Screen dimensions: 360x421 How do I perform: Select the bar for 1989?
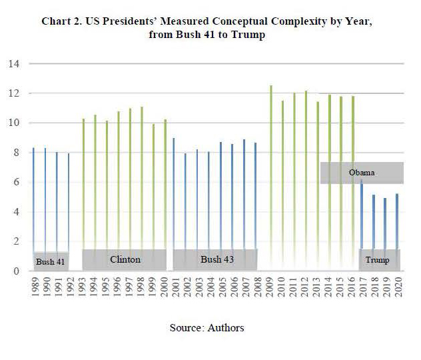coord(33,200)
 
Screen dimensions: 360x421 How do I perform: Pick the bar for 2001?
coord(174,193)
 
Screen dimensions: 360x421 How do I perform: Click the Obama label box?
coord(362,173)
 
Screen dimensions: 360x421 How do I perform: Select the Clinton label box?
coord(125,259)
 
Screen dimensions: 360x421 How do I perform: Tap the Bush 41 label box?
coord(51,261)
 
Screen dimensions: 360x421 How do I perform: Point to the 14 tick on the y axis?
coord(14,64)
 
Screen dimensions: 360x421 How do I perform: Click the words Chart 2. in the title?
coord(62,21)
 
